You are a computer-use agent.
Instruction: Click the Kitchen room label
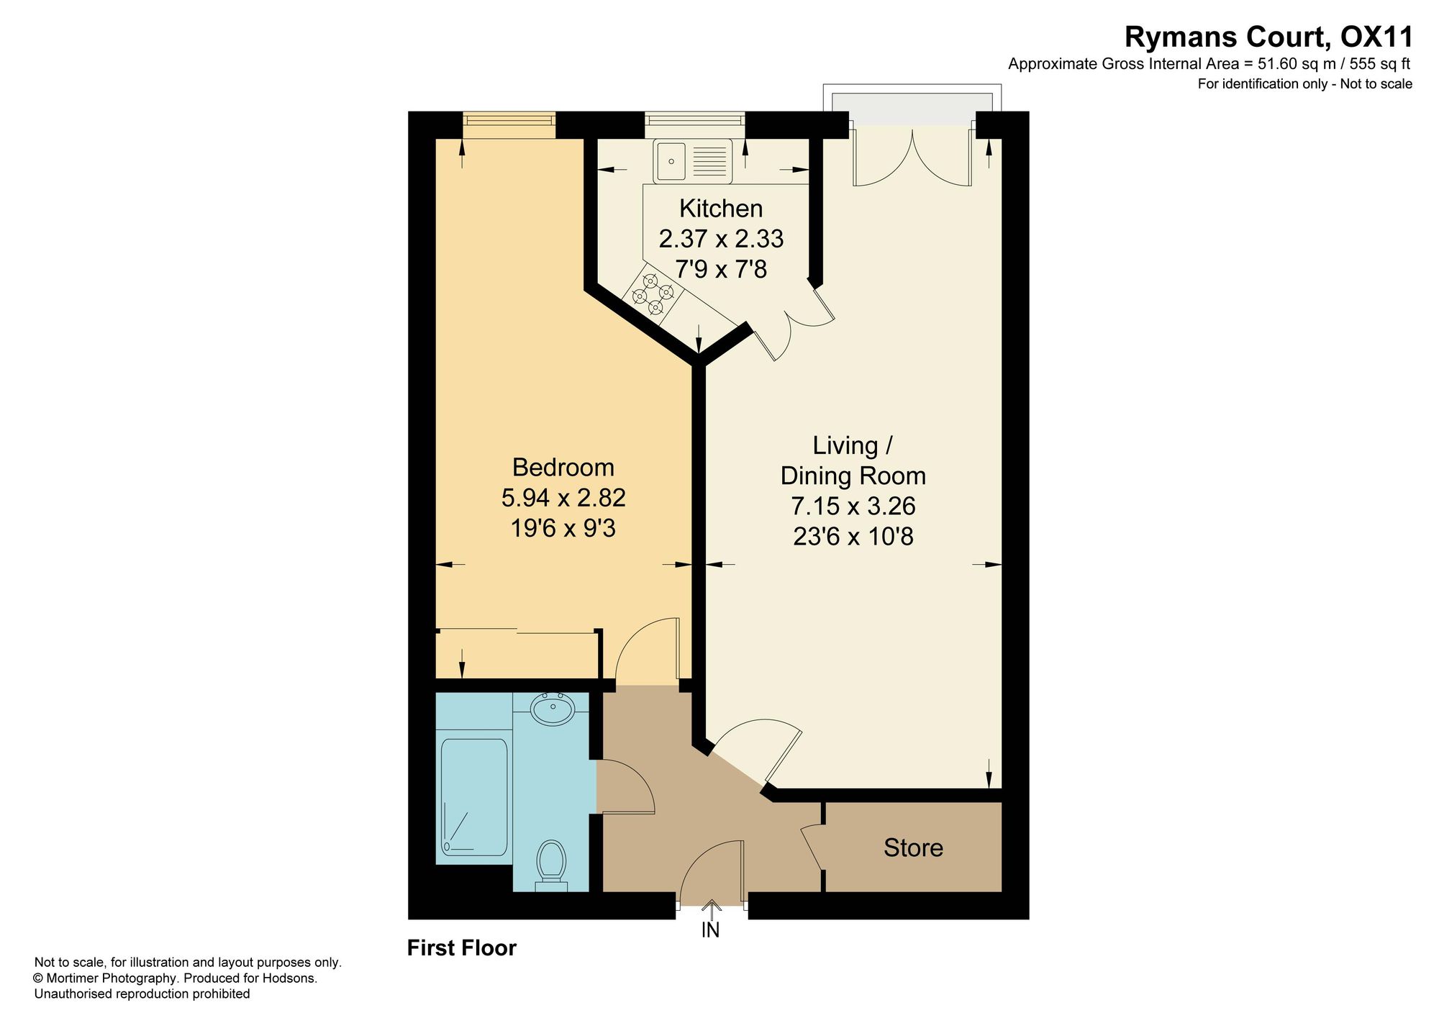(x=721, y=209)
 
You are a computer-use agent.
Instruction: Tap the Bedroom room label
(x=563, y=468)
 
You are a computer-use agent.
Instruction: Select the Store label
(x=913, y=847)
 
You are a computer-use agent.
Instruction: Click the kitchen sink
(x=693, y=160)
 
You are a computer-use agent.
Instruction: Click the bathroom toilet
(x=551, y=865)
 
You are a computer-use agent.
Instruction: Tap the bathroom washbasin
(x=552, y=709)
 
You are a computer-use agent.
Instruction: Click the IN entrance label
(x=710, y=930)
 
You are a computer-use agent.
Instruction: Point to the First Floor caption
(x=462, y=947)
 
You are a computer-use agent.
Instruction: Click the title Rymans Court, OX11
(x=1268, y=37)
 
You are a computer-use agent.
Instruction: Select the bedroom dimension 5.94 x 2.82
(x=563, y=498)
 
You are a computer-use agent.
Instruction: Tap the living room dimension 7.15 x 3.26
(x=853, y=506)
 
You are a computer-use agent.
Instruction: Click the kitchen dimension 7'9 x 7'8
(x=721, y=270)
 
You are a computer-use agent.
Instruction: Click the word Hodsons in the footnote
(x=292, y=978)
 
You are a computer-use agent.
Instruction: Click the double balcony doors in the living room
(x=912, y=157)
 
